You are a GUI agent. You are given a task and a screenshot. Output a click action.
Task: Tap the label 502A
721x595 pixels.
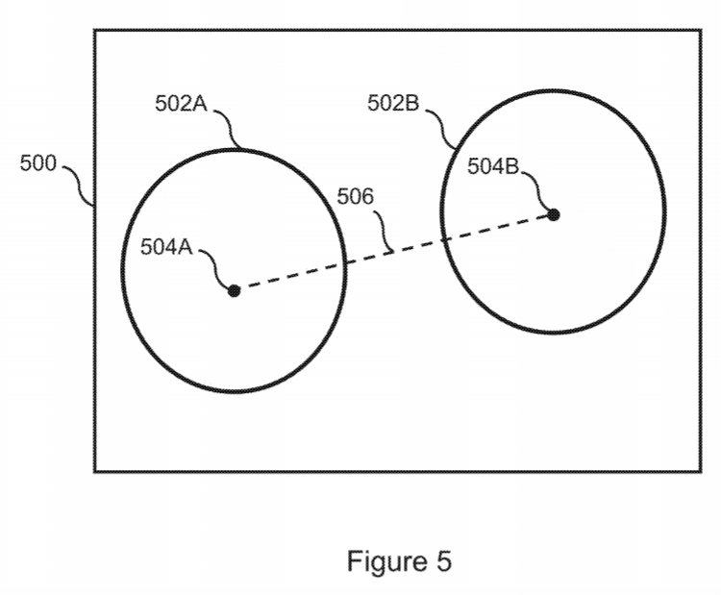click(x=181, y=104)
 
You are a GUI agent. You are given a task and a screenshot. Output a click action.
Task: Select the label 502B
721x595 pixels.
click(x=393, y=103)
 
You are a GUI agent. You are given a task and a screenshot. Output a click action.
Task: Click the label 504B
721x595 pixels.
click(x=493, y=165)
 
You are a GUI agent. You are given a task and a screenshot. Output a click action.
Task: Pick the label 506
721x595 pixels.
click(x=355, y=197)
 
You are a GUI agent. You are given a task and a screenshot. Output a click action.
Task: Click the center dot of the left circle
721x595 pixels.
click(x=234, y=290)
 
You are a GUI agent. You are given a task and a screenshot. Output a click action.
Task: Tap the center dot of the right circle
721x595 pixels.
click(x=554, y=213)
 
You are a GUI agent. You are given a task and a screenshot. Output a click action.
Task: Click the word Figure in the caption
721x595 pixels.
click(x=389, y=560)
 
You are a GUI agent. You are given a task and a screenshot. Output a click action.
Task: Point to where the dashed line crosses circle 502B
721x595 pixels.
click(x=443, y=240)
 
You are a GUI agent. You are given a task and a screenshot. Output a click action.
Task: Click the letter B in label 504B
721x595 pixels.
click(x=512, y=165)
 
